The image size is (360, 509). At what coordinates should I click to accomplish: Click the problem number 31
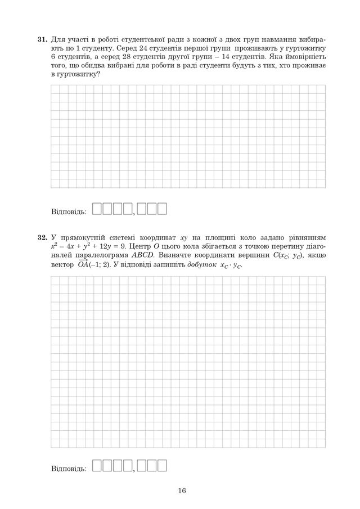[42, 40]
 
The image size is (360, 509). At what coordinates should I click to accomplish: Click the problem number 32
[42, 237]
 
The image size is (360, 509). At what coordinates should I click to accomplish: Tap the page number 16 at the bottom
[182, 490]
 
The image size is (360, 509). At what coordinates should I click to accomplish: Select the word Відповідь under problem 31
[69, 211]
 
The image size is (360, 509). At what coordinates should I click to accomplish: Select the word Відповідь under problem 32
[69, 467]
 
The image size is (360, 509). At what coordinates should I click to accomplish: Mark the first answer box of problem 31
[95, 209]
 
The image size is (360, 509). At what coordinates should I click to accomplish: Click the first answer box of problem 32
[95, 465]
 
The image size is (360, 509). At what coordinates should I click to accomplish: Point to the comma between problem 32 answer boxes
[134, 470]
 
